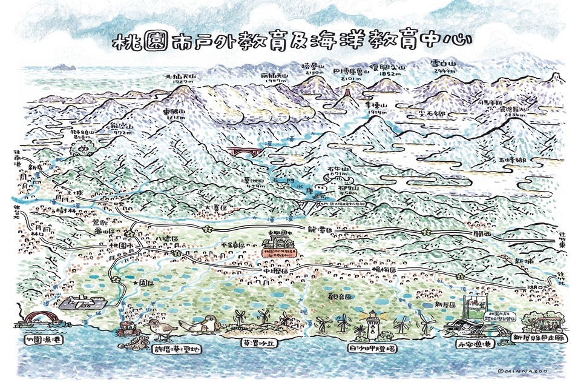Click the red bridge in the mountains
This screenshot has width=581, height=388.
click(244, 150)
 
